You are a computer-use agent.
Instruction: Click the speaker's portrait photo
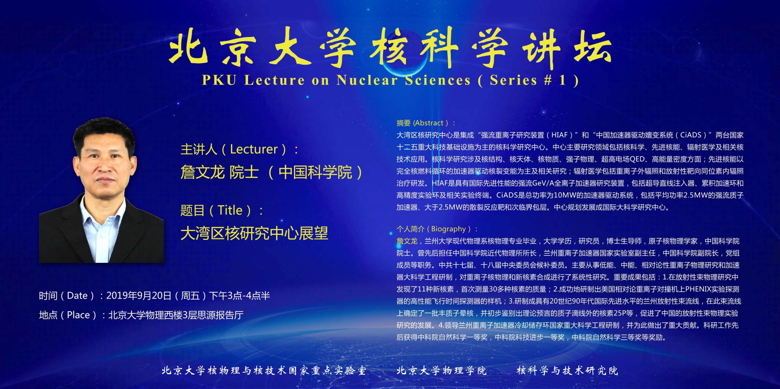point(101,190)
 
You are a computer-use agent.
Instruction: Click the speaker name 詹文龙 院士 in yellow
point(220,172)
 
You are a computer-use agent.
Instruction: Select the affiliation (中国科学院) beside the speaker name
point(316,172)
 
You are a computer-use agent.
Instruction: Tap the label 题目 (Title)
point(222,210)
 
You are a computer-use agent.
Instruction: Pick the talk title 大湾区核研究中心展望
point(254,233)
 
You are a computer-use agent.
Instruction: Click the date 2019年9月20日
point(139,296)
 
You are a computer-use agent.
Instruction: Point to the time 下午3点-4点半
point(240,296)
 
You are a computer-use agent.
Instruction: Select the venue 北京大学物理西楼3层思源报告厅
point(176,315)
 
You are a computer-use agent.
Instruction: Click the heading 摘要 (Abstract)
point(426,123)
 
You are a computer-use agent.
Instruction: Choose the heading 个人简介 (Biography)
point(437,229)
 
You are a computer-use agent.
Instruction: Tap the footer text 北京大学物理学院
point(442,370)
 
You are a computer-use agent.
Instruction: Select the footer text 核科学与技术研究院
point(567,370)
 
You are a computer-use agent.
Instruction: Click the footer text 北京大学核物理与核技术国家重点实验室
point(264,370)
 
